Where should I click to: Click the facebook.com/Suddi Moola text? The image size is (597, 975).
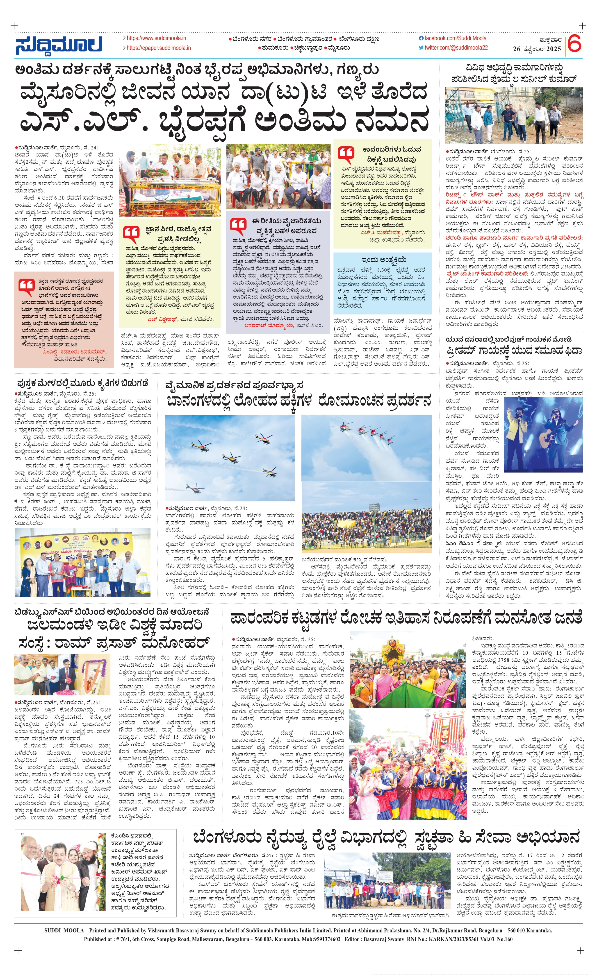(455, 38)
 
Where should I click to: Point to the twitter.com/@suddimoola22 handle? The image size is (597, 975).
(456, 48)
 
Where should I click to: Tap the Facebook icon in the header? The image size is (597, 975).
(421, 38)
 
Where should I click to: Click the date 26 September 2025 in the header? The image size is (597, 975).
(537, 49)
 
